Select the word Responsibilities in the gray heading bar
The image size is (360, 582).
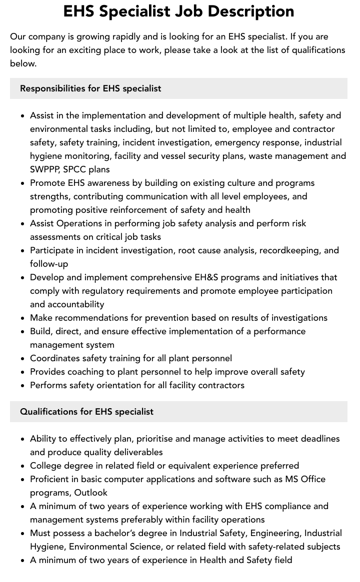coord(52,88)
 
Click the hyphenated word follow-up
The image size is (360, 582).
coord(49,264)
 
